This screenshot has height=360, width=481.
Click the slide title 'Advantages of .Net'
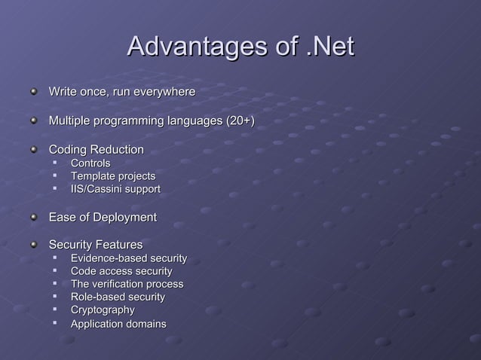click(240, 47)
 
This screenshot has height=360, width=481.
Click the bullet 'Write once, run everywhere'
click(122, 92)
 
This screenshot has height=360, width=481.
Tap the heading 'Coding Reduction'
click(96, 150)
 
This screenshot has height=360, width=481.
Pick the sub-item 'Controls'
click(90, 163)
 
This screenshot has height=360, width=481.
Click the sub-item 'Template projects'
click(113, 176)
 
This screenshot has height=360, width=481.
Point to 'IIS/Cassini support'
click(115, 189)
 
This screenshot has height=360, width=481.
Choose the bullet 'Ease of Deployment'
click(103, 218)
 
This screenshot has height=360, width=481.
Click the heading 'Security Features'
click(96, 246)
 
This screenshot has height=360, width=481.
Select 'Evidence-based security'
click(129, 259)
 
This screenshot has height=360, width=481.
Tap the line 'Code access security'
click(121, 271)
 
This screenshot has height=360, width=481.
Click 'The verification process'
click(127, 284)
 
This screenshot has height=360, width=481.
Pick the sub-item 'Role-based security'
click(118, 297)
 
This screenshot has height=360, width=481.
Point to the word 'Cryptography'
click(103, 310)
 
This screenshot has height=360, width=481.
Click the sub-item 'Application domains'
click(118, 324)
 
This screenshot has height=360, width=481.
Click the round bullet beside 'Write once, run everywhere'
click(33, 92)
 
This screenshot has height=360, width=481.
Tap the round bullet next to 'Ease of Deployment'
click(33, 218)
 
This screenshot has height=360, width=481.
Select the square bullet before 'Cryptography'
click(55, 310)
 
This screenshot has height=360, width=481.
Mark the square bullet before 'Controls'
click(55, 163)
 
